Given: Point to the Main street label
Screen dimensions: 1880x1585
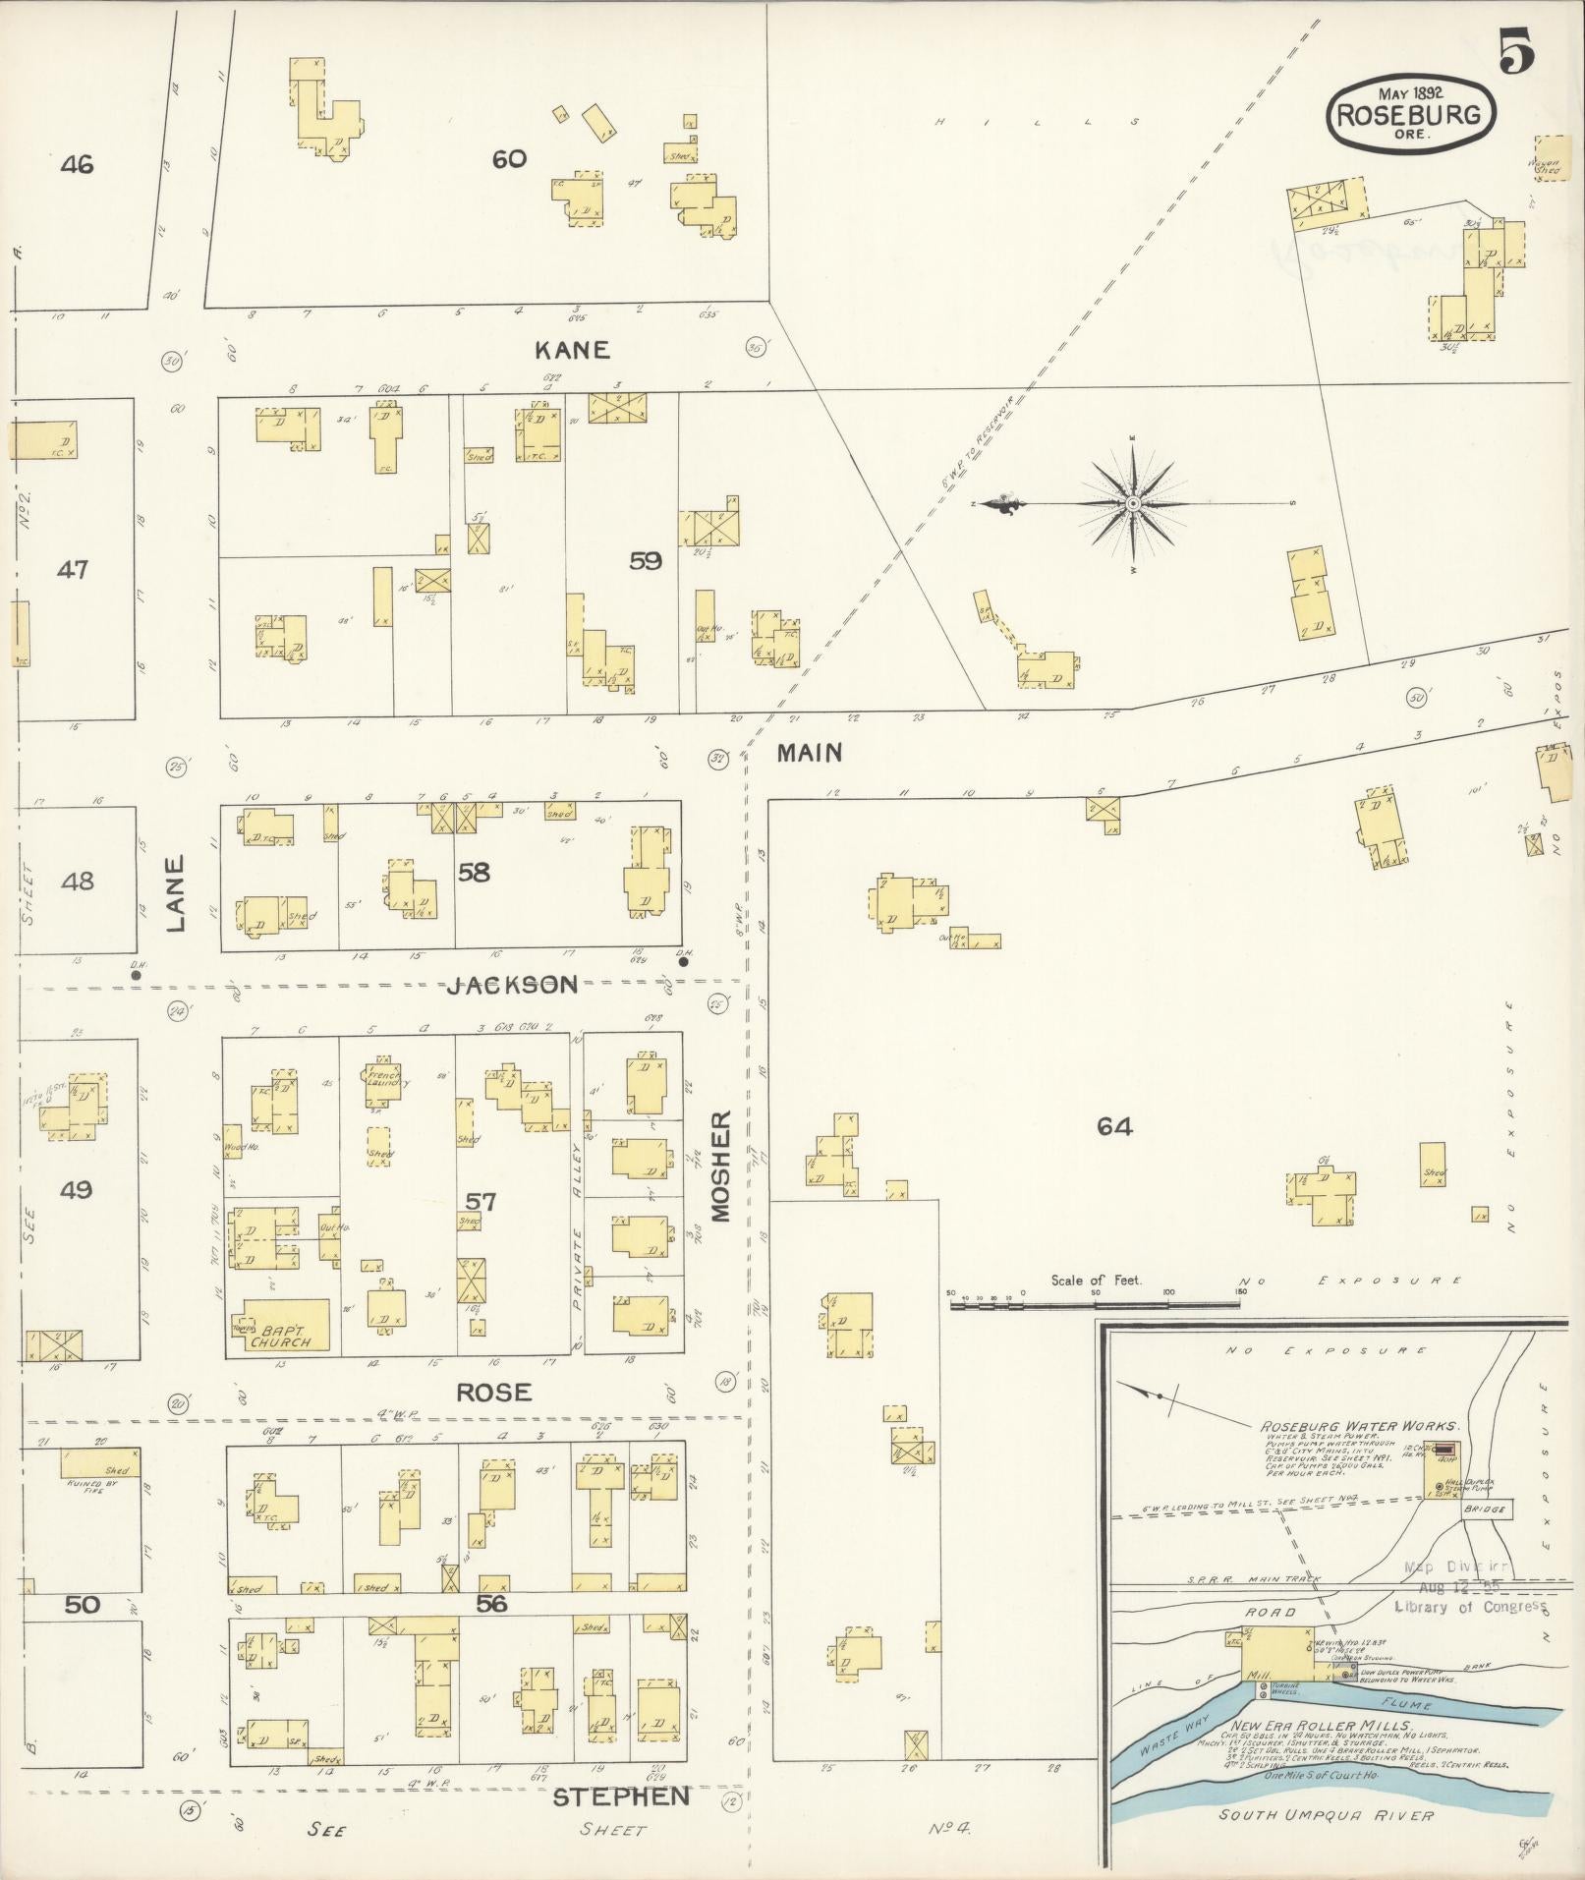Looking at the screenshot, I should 810,753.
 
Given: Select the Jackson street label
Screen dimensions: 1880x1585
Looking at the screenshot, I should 512,985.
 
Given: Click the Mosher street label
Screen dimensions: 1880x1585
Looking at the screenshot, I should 722,1166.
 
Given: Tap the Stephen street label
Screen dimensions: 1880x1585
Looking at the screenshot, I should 620,1797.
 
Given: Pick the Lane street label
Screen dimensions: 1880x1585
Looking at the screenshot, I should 175,893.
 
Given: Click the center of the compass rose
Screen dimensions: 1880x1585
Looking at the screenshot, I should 1133,503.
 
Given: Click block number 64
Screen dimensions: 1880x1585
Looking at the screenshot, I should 1115,1127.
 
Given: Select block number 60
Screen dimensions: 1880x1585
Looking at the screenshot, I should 509,158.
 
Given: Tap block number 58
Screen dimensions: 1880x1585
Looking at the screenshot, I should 474,872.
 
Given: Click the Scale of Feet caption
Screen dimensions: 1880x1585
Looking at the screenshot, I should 1096,1281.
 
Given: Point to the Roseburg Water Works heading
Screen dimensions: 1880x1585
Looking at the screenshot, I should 1360,1426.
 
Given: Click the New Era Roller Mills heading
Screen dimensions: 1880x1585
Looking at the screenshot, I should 1322,1727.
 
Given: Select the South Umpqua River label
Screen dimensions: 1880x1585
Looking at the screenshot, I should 1326,1815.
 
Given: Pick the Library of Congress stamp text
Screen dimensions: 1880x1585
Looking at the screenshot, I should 1470,1606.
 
